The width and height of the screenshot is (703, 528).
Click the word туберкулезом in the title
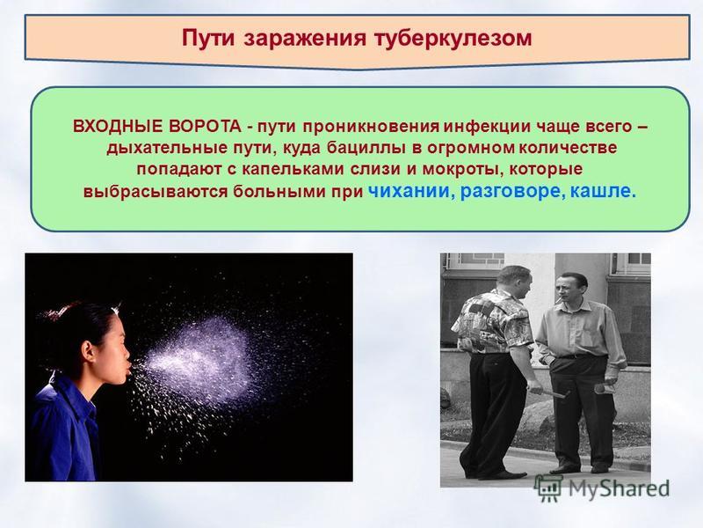453,39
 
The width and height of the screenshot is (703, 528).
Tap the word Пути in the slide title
208,38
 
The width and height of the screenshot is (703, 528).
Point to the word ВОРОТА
205,127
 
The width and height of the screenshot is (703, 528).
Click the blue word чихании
409,191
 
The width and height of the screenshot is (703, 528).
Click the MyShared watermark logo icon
548,488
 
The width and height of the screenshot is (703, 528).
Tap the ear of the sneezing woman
88,349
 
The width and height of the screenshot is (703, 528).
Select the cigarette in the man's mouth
559,300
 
